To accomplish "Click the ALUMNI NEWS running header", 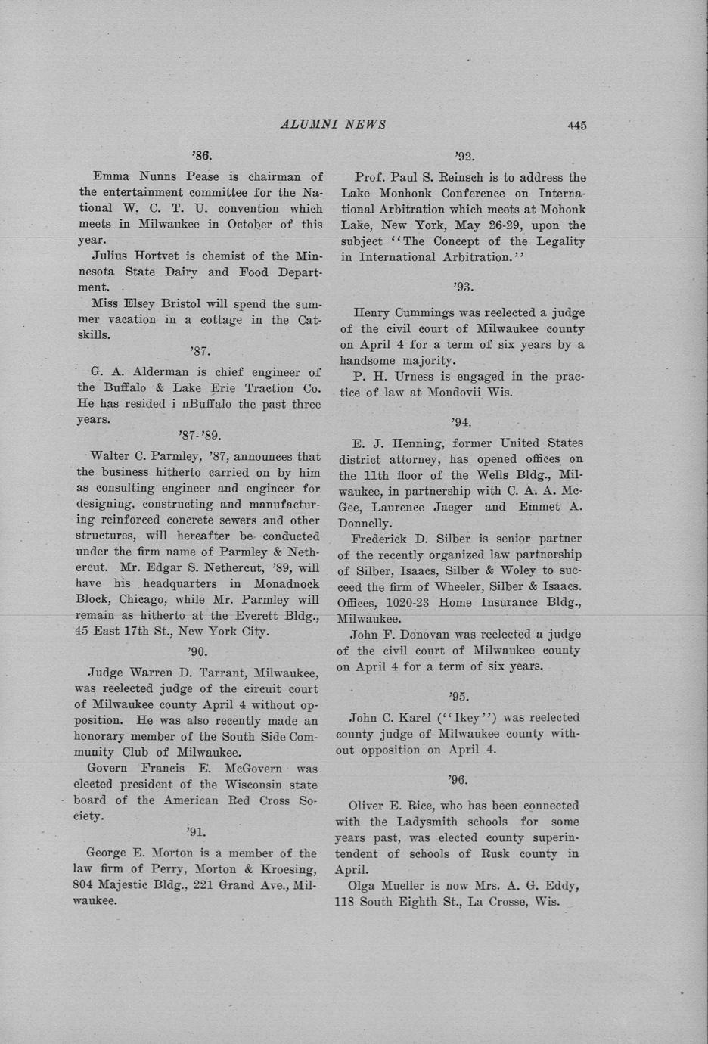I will click(x=333, y=124).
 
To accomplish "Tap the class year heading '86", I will click(x=201, y=156).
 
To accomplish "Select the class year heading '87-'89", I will click(x=200, y=435).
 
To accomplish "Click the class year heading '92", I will click(x=464, y=157).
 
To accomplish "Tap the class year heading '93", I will click(x=463, y=287).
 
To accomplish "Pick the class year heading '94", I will click(x=461, y=422).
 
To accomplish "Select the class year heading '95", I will click(x=459, y=696).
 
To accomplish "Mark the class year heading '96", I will click(x=458, y=779).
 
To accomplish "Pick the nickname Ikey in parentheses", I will click(x=467, y=717).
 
